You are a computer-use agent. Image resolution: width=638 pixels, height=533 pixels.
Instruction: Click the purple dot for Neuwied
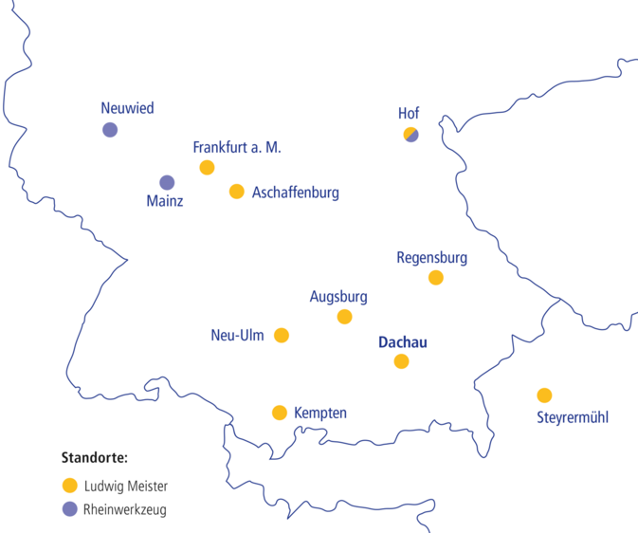tap(110, 130)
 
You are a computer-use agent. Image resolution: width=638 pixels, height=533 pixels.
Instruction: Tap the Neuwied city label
tap(127, 108)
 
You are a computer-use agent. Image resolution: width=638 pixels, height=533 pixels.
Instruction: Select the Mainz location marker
tap(167, 182)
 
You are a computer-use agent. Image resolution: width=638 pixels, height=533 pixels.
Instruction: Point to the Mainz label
tap(165, 201)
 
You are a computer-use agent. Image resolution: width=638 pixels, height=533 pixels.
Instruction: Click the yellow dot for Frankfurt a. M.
tap(207, 168)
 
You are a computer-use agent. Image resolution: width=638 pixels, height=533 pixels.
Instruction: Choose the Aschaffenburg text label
tap(296, 193)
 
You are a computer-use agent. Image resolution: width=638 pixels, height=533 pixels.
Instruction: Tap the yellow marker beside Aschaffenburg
tap(237, 192)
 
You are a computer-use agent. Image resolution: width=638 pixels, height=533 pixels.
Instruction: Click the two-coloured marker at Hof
tap(410, 135)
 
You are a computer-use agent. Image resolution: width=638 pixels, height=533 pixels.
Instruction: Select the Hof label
tap(409, 114)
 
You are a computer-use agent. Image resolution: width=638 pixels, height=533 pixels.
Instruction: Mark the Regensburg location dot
tap(435, 278)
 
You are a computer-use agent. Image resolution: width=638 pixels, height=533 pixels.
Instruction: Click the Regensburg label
tap(431, 257)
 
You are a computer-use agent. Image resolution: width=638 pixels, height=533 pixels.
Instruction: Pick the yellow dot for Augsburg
tap(344, 317)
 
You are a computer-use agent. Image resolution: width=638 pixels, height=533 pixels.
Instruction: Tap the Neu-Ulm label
tap(237, 336)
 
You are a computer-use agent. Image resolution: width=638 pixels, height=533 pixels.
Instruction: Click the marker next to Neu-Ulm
tap(282, 335)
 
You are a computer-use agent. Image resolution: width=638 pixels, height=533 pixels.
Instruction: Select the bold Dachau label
tap(402, 340)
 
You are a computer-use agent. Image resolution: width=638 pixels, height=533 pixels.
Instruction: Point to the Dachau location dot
tap(402, 361)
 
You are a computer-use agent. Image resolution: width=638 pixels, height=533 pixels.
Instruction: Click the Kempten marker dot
tap(280, 413)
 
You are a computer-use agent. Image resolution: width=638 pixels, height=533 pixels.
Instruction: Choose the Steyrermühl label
tap(573, 417)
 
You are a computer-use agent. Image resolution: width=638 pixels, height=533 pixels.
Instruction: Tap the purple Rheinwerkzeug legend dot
tap(69, 509)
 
